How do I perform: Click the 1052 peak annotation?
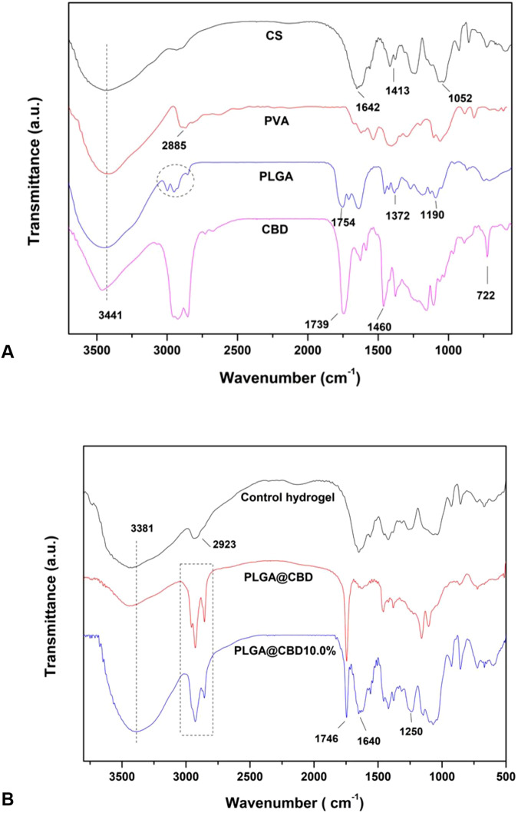pyautogui.click(x=460, y=98)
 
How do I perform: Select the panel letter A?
pyautogui.click(x=10, y=352)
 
